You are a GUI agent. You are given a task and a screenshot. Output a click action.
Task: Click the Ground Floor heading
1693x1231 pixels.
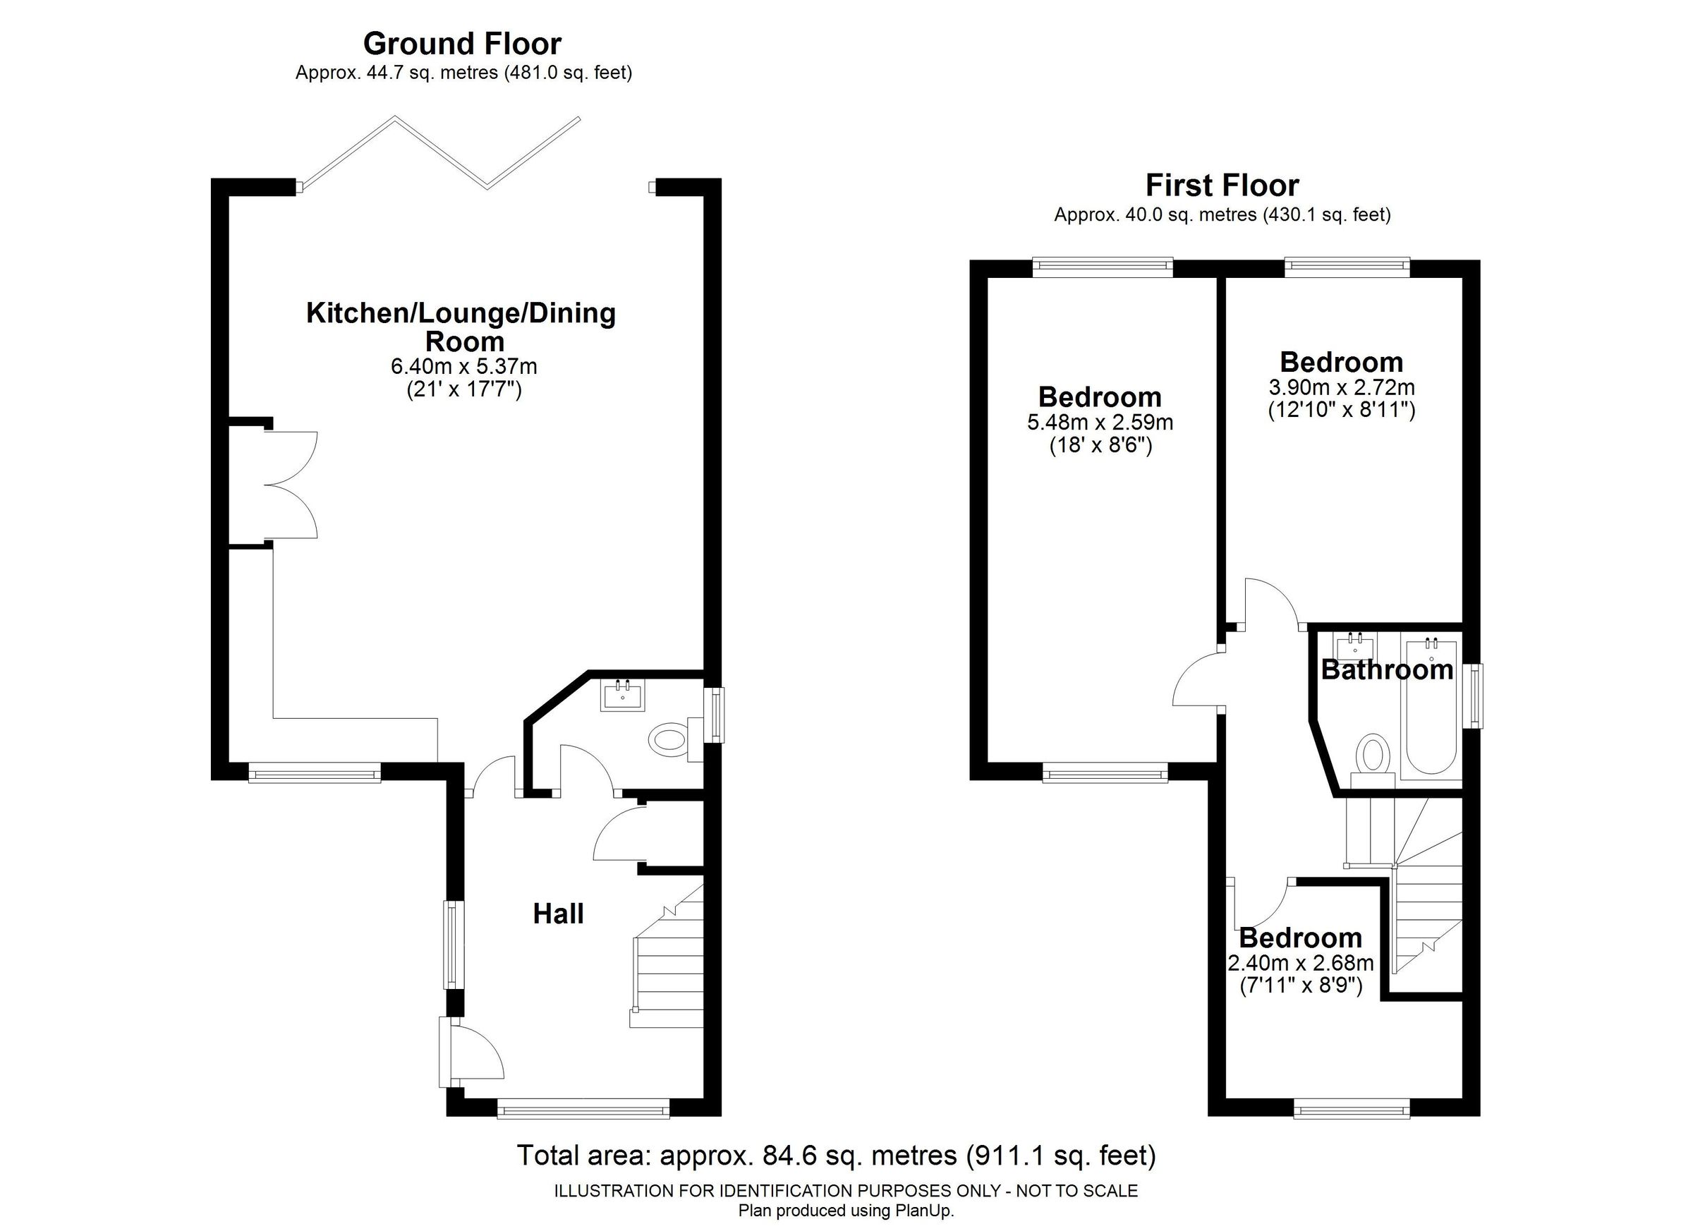coord(462,44)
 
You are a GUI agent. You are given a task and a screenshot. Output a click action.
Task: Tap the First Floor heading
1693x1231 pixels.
coord(1222,185)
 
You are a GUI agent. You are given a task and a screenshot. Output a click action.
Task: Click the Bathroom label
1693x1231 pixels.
coord(1387,669)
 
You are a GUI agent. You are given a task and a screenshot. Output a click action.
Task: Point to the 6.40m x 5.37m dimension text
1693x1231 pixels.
coord(463,367)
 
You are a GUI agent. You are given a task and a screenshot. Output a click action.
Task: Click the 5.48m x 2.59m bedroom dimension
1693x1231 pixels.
coord(1100,423)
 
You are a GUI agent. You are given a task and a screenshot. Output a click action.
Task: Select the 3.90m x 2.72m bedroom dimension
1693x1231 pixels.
coord(1342,387)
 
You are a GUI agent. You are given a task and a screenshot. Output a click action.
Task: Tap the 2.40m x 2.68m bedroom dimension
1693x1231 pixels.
coord(1301,963)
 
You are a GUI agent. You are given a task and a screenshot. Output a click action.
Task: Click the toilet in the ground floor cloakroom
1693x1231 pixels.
coord(669,740)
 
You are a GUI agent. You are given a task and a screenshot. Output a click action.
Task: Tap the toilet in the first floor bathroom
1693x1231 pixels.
coord(1373,756)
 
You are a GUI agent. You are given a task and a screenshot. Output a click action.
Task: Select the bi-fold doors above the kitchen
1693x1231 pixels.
coord(440,153)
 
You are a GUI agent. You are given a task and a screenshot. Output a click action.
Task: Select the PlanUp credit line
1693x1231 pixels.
coord(846,1210)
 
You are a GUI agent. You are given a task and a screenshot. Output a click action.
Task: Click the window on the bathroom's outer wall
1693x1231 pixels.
coord(1476,695)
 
